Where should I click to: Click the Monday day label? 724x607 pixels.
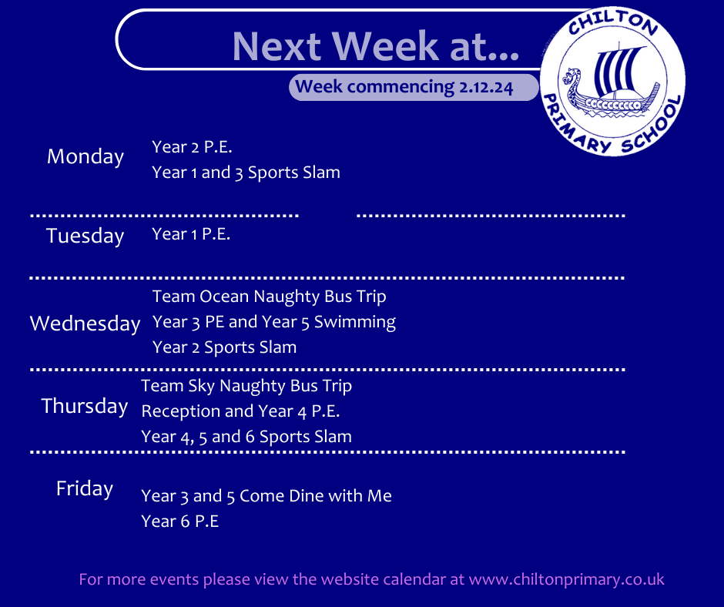pyautogui.click(x=85, y=157)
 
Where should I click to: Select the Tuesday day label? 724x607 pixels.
pyautogui.click(x=85, y=236)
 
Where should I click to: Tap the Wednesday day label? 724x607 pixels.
pyautogui.click(x=85, y=324)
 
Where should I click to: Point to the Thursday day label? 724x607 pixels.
pyautogui.click(x=85, y=407)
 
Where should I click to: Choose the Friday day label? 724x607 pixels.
pyautogui.click(x=85, y=489)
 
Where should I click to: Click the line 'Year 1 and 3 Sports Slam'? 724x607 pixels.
pyautogui.click(x=246, y=173)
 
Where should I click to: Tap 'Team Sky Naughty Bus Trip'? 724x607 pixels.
pyautogui.click(x=246, y=386)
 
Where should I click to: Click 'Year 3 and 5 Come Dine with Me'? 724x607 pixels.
pyautogui.click(x=266, y=496)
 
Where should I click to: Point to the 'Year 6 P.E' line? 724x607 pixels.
pyautogui.click(x=180, y=521)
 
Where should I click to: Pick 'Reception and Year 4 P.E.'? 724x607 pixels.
pyautogui.click(x=240, y=411)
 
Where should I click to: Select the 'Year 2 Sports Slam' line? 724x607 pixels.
pyautogui.click(x=224, y=347)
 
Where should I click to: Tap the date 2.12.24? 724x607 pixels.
pyautogui.click(x=486, y=87)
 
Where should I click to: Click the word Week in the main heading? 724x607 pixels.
pyautogui.click(x=390, y=46)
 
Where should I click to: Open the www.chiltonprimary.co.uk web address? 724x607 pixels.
pyautogui.click(x=567, y=580)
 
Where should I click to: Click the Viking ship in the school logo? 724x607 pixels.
pyautogui.click(x=612, y=82)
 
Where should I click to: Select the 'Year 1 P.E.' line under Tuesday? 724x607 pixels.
pyautogui.click(x=191, y=234)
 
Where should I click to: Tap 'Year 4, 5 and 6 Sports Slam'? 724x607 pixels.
pyautogui.click(x=246, y=437)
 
